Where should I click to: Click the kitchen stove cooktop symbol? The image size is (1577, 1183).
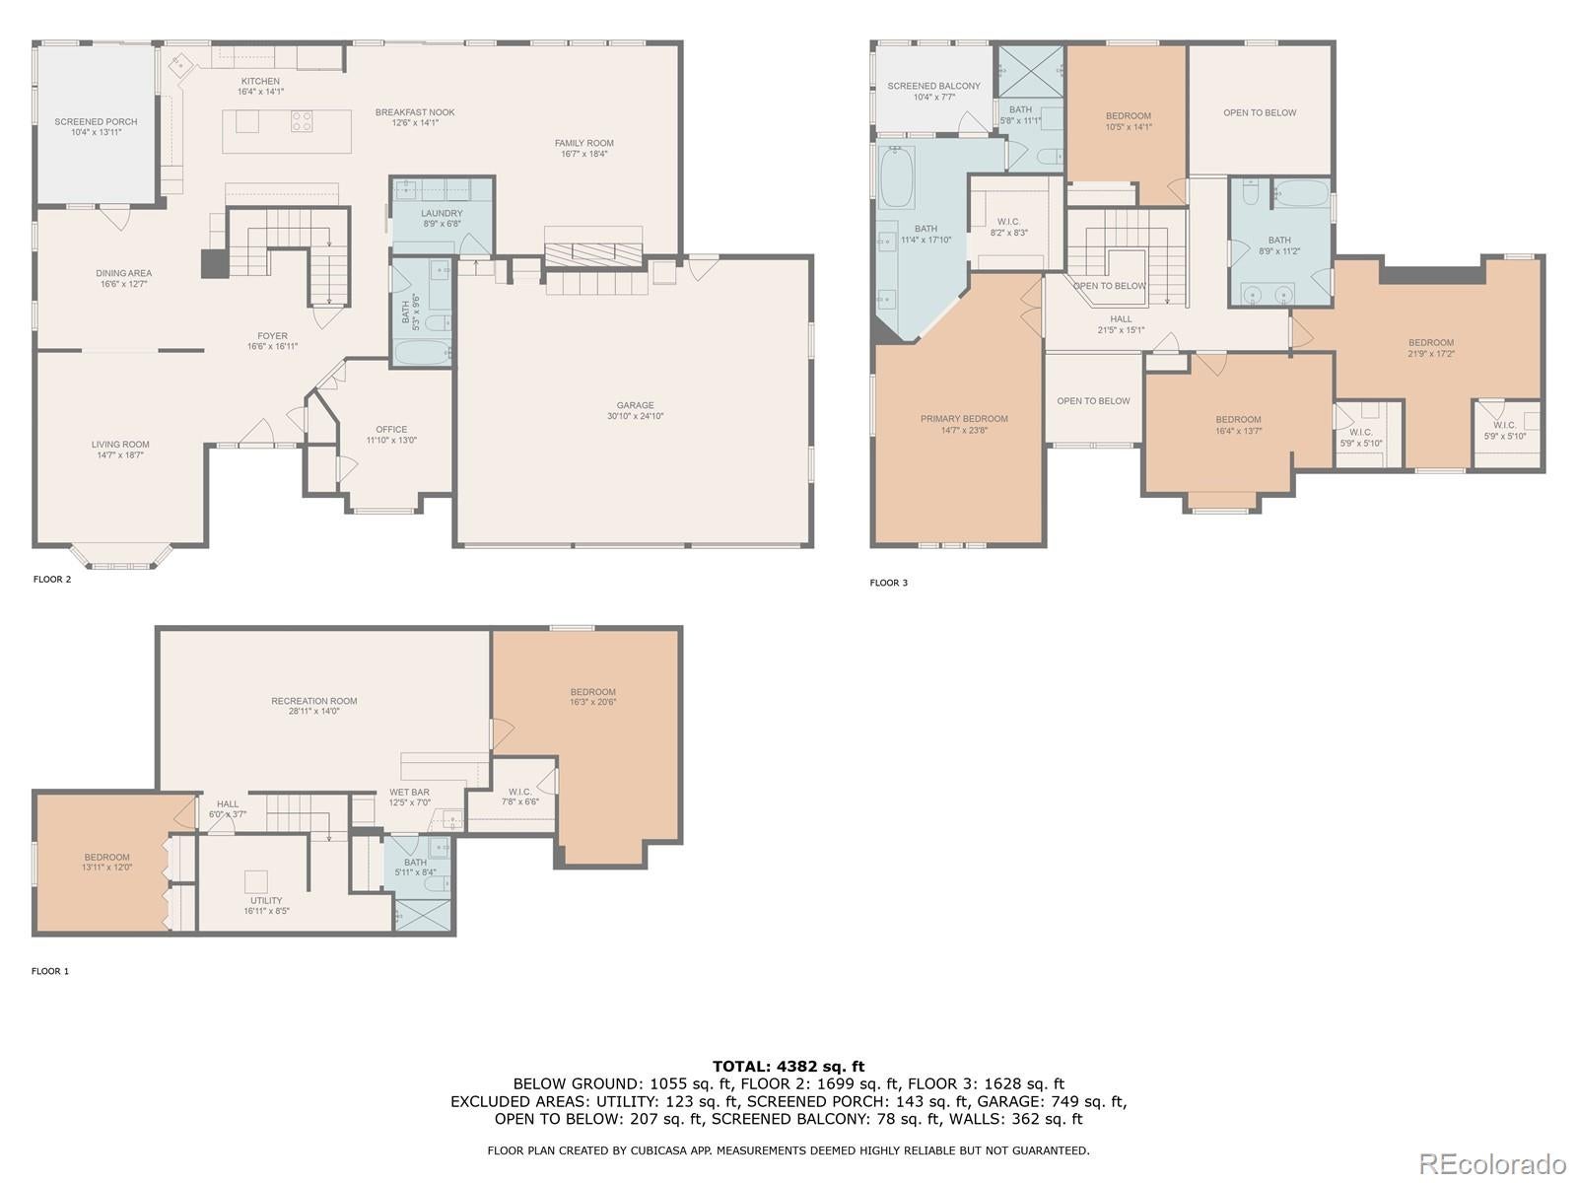click(x=302, y=122)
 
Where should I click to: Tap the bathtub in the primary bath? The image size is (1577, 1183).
click(x=896, y=177)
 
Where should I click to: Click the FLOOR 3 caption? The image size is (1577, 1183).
click(x=888, y=583)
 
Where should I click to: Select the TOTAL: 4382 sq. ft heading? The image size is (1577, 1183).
click(x=788, y=1066)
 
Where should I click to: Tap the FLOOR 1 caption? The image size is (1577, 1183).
click(x=50, y=971)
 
